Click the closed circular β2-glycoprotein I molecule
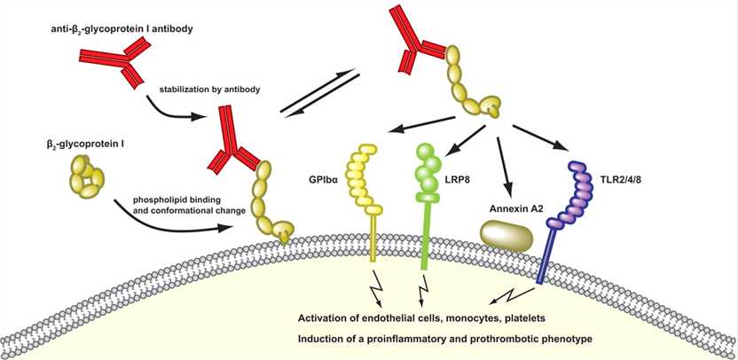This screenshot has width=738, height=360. click(75, 176)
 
